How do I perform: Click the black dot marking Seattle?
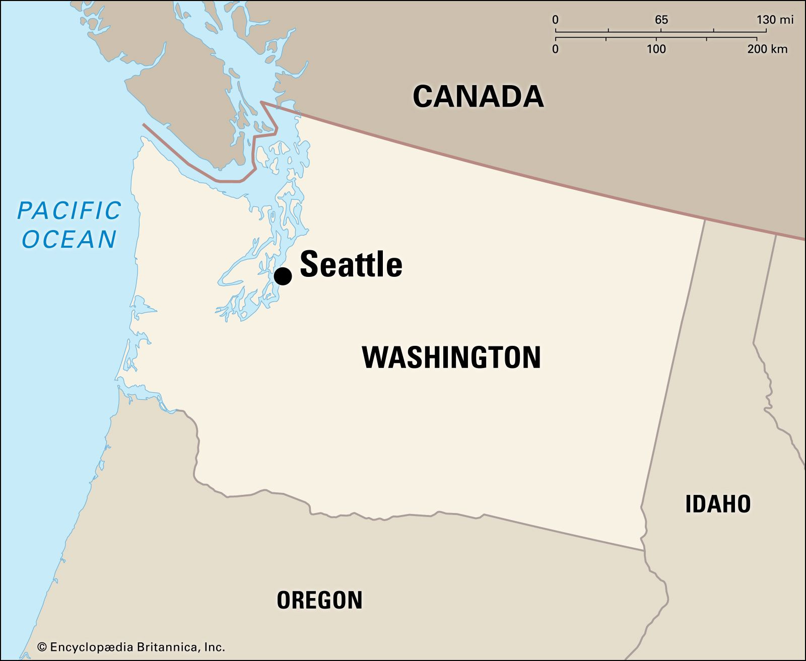coord(283,276)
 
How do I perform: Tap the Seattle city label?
coord(351,264)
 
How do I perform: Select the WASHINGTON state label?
coord(451,357)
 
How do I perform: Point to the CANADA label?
coord(478,96)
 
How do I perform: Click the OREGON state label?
coord(319,600)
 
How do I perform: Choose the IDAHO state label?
coord(718,504)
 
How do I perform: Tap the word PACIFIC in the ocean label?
coord(70,210)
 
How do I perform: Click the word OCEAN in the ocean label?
coord(70,239)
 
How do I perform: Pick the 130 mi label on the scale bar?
coord(774,20)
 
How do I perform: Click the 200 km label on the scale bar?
coord(767,49)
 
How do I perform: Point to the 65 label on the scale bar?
coord(661,20)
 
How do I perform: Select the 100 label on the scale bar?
coord(656,49)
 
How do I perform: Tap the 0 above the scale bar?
coord(555,20)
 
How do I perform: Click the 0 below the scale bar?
coord(555,49)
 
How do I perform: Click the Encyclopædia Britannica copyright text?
coord(131,647)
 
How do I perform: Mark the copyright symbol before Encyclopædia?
coord(42,647)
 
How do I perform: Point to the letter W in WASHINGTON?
coord(374,357)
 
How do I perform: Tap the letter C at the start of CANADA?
coord(424,96)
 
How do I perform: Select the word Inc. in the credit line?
coord(214,647)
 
